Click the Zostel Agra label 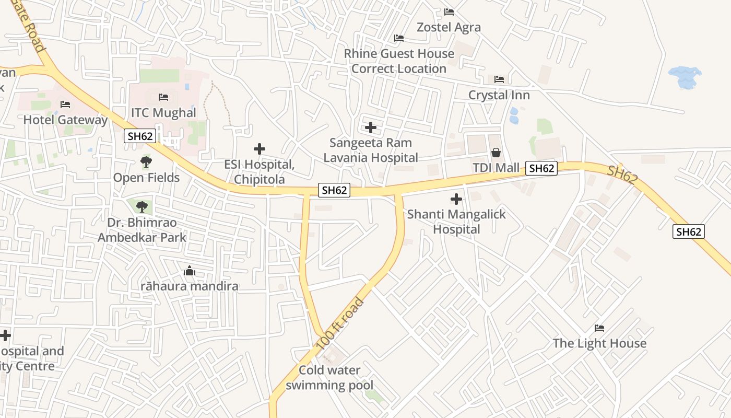[x=449, y=27]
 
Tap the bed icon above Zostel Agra [x=449, y=11]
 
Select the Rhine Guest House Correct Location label [x=399, y=61]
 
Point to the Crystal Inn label [x=499, y=95]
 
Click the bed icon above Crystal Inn [x=499, y=79]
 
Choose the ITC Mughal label [x=163, y=113]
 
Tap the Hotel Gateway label [x=65, y=120]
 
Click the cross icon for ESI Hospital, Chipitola [x=259, y=149]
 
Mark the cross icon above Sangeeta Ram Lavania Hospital [x=371, y=127]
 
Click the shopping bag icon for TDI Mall [x=496, y=153]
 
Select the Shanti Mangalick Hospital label [x=456, y=222]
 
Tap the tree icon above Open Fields [x=146, y=162]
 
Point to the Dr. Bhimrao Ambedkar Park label [x=142, y=230]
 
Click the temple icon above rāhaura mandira [x=190, y=271]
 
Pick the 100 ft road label [x=339, y=324]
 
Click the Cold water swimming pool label [x=329, y=378]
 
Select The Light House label [x=599, y=343]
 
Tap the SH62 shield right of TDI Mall [x=541, y=168]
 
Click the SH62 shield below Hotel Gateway [x=140, y=136]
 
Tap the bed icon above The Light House [x=599, y=328]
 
